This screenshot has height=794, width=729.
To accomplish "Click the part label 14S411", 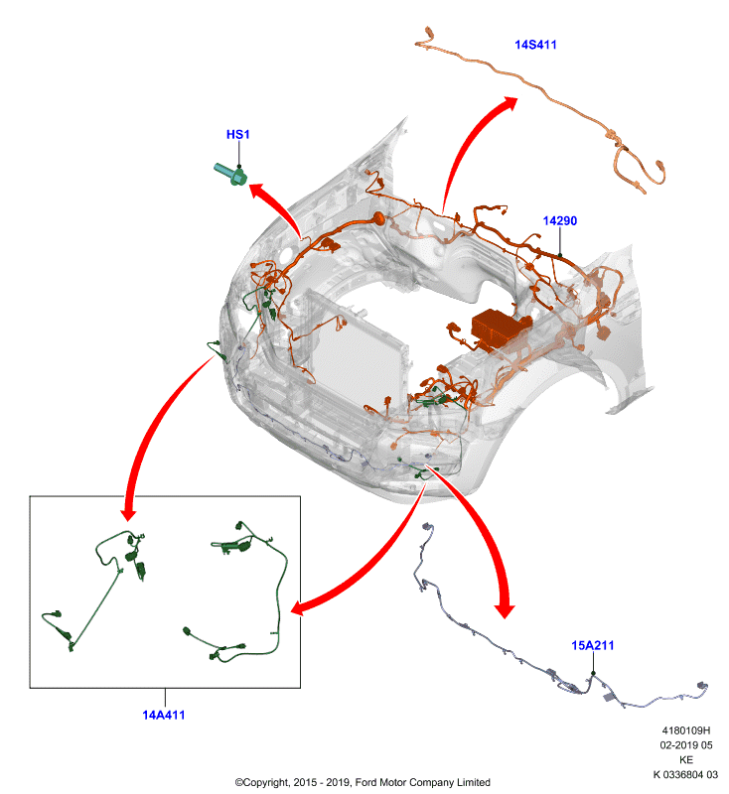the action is pyautogui.click(x=535, y=45).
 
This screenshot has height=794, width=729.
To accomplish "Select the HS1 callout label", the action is pyautogui.click(x=237, y=134).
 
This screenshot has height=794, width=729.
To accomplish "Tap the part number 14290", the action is pyautogui.click(x=560, y=220).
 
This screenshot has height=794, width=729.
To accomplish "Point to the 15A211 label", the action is pyautogui.click(x=592, y=645).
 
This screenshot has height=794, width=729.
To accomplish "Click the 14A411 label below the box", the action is pyautogui.click(x=163, y=715).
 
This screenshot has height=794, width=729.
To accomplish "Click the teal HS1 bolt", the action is pyautogui.click(x=231, y=175).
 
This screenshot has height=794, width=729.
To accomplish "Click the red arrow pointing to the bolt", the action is pyautogui.click(x=280, y=205).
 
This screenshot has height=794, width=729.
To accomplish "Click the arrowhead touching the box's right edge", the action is pyautogui.click(x=300, y=606).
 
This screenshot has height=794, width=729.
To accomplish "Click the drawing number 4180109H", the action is pyautogui.click(x=686, y=730).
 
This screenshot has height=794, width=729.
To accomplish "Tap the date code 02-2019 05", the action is pyautogui.click(x=686, y=745).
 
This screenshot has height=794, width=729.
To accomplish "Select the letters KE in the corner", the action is pyautogui.click(x=686, y=759).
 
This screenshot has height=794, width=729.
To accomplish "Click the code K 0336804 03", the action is pyautogui.click(x=685, y=774).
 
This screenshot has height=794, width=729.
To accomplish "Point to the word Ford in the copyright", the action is pyautogui.click(x=366, y=782).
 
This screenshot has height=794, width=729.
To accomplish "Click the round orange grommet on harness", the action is pyautogui.click(x=378, y=218).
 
